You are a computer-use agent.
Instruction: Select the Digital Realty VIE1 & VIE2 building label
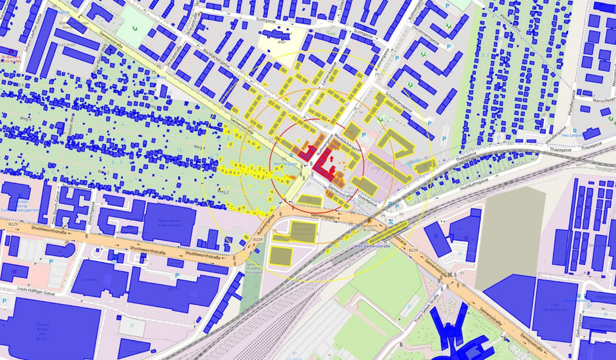click(43, 327)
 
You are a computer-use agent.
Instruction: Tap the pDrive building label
click(173, 289)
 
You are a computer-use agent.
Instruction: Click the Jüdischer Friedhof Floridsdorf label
click(251, 268)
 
